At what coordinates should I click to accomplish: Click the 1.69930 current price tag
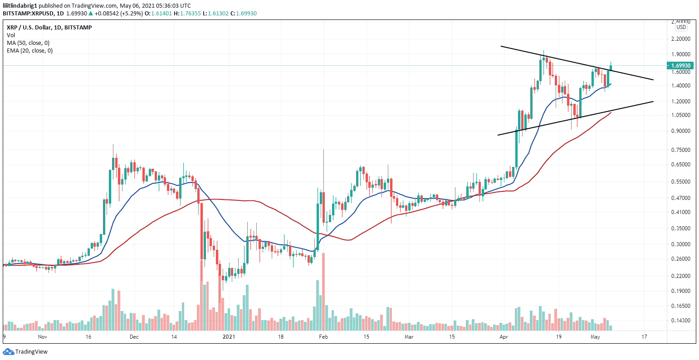681,66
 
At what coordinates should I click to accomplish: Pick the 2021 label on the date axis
230,337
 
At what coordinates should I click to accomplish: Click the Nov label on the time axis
43,337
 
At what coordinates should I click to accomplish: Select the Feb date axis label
323,337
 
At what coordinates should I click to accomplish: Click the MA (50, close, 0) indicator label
28,43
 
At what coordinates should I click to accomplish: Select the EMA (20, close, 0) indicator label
29,51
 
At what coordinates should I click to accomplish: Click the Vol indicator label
10,35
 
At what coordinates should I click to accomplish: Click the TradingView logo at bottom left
25,351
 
